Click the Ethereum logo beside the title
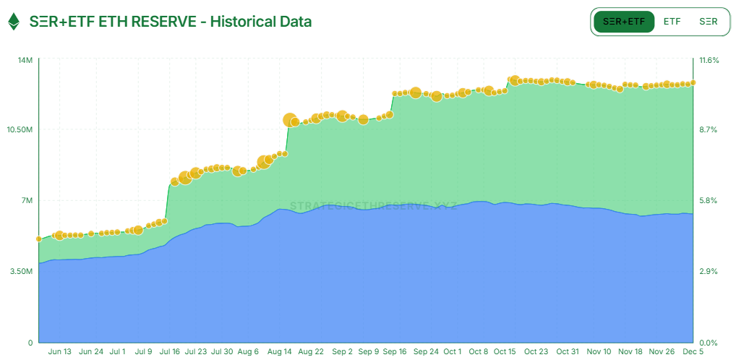pos(14,22)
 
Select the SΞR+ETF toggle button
pos(624,22)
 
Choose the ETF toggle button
pos(672,22)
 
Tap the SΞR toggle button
pos(709,22)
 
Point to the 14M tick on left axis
pos(25,60)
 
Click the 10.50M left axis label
pos(21,130)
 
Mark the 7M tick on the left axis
pos(27,201)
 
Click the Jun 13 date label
pos(60,352)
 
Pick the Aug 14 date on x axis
pos(280,352)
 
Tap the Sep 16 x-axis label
pos(394,352)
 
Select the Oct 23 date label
pos(536,352)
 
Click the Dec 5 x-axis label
pos(693,352)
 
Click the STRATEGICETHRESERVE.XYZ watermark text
pos(373,206)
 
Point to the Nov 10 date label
pos(599,352)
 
